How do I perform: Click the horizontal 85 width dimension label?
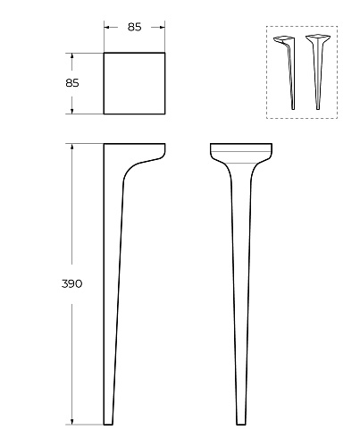click(134, 27)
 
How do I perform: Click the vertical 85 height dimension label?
click(72, 83)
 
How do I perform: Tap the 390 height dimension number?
click(71, 283)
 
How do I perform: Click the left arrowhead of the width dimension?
click(106, 28)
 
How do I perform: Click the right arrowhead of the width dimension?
click(163, 28)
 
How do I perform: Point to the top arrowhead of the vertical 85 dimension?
click(71, 55)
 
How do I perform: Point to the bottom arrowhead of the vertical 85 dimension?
click(71, 111)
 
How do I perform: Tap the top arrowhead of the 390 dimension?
click(71, 147)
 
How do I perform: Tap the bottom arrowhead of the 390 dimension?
click(71, 422)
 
